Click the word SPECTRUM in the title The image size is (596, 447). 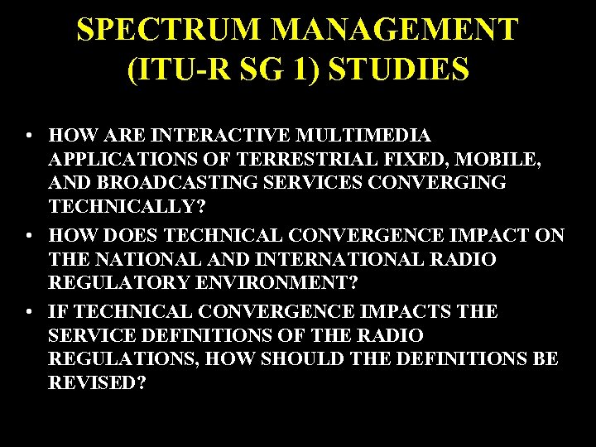[169, 30]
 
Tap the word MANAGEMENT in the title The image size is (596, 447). [395, 30]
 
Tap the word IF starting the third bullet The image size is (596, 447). [58, 312]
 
